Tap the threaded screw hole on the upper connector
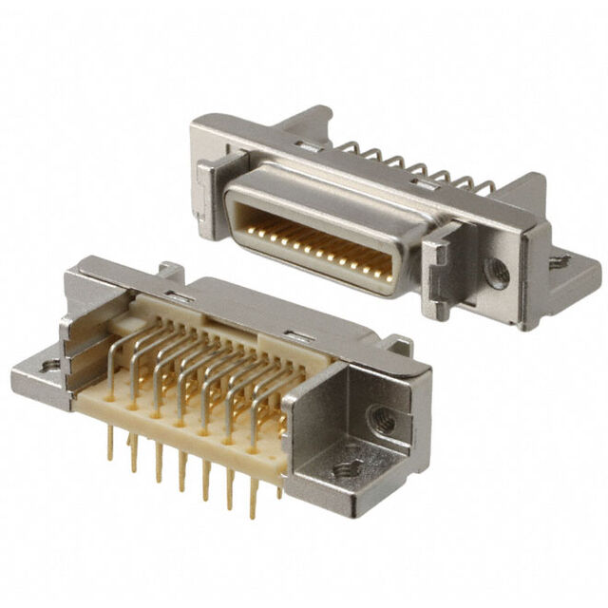(496, 273)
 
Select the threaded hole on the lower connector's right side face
(383, 419)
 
